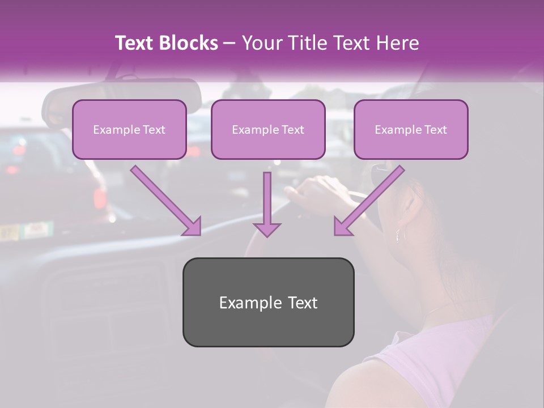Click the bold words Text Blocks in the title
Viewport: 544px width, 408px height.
point(166,42)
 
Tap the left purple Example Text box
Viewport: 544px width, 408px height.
point(129,129)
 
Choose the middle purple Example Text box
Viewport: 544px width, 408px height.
point(268,129)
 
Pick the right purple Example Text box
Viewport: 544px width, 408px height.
point(411,129)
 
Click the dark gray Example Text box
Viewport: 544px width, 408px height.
point(268,302)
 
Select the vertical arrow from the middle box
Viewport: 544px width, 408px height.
point(267,204)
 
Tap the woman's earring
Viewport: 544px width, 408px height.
point(398,233)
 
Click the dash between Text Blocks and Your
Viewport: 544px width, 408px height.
point(229,42)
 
